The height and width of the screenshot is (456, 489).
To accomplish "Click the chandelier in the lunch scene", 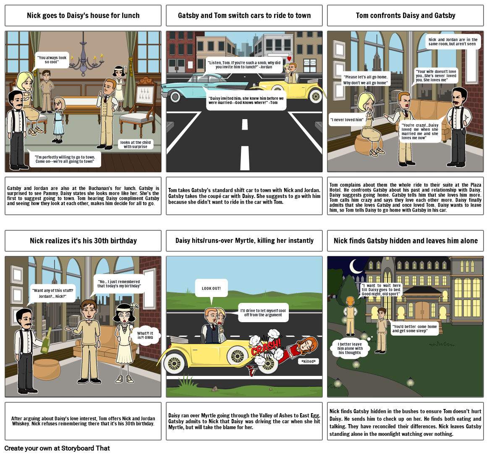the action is pyautogui.click(x=83, y=59).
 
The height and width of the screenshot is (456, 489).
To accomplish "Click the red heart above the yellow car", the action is pyautogui.click(x=289, y=59).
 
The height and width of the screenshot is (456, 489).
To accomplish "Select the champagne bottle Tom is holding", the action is pyautogui.click(x=46, y=340).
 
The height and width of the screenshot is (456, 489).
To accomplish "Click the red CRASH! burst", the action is pyautogui.click(x=266, y=347).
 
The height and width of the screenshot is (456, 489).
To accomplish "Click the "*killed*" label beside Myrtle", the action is pyautogui.click(x=309, y=361).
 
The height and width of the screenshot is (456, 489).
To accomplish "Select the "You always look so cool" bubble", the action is pyautogui.click(x=52, y=60).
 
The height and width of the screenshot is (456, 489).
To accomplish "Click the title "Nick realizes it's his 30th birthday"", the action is pyautogui.click(x=83, y=241).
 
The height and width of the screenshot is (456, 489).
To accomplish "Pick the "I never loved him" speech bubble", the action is pyautogui.click(x=348, y=120).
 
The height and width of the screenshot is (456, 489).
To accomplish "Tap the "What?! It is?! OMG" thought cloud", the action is pyautogui.click(x=145, y=335).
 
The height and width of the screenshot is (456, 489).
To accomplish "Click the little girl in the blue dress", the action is pyautogui.click(x=58, y=120).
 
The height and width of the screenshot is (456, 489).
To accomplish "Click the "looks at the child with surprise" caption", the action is pyautogui.click(x=136, y=144).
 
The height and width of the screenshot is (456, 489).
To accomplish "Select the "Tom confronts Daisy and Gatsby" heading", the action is pyautogui.click(x=405, y=15).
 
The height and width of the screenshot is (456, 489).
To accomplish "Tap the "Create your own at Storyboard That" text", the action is pyautogui.click(x=57, y=448).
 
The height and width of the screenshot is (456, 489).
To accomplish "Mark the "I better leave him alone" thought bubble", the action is pyautogui.click(x=350, y=349).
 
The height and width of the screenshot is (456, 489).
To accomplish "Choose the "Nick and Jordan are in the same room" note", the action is pyautogui.click(x=453, y=42).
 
